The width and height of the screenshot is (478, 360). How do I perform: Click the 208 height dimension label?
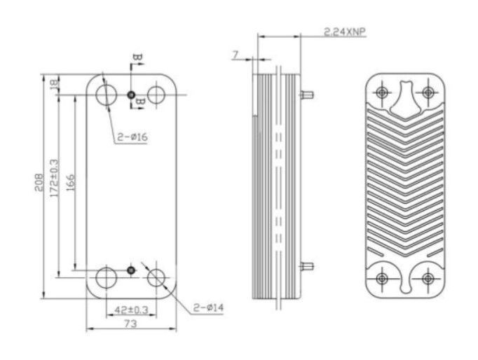point(39,182)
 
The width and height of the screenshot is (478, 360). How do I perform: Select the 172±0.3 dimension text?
point(55,178)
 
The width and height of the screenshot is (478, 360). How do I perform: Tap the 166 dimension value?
point(70,182)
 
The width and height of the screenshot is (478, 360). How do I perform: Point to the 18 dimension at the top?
point(54,84)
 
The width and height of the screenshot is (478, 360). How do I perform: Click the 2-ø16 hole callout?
point(132,137)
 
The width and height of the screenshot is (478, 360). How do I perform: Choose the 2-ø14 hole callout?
point(209,307)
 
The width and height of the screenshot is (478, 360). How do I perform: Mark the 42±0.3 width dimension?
point(131,310)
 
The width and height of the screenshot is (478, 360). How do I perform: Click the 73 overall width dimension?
point(130,324)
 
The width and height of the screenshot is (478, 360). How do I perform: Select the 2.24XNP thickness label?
point(344,32)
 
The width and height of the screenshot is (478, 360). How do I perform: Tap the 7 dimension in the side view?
point(235,55)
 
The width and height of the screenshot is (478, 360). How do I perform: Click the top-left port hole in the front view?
point(106,95)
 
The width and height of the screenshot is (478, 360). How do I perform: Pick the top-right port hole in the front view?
point(156,95)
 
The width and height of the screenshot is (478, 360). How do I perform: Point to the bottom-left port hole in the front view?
point(106,277)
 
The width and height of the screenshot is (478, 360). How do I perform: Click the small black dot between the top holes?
point(131,95)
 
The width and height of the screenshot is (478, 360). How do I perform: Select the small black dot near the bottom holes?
point(131,270)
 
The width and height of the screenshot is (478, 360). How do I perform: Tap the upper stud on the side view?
point(307,95)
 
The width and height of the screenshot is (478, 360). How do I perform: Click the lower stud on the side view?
point(307,266)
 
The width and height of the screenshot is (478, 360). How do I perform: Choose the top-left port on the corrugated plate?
point(382,92)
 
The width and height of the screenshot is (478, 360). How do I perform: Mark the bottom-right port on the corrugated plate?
point(428,278)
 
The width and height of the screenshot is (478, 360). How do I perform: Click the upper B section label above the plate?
point(138,57)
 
